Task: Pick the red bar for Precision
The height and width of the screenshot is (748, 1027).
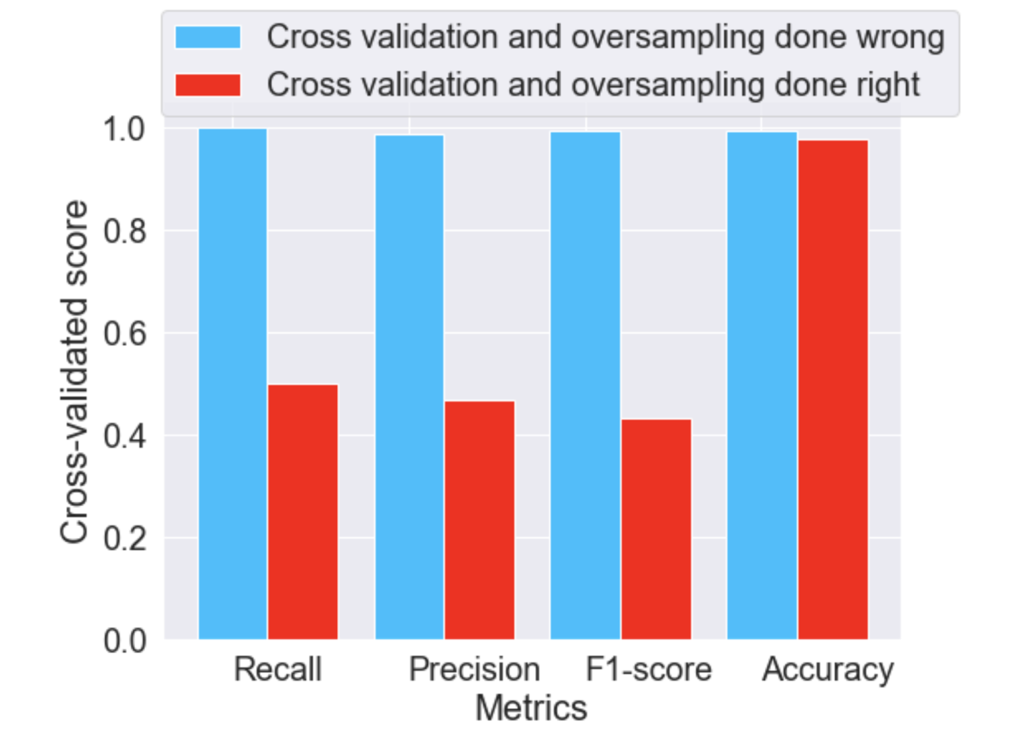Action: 479,520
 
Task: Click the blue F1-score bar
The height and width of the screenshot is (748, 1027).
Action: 585,385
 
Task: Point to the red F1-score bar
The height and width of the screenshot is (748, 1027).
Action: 656,529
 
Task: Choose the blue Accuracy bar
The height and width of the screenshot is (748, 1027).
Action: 762,385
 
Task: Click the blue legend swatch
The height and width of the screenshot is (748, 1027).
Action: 208,37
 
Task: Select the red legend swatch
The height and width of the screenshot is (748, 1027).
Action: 208,85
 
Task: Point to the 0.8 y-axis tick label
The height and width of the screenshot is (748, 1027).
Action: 125,231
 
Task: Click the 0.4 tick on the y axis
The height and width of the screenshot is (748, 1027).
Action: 125,436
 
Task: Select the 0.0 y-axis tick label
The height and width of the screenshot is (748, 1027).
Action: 125,641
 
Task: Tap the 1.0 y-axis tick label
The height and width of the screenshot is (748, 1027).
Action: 125,129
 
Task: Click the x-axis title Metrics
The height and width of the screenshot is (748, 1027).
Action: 531,708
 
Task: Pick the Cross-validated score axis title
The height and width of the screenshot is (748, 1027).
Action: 74,372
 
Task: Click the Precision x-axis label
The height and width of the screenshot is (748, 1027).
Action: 474,670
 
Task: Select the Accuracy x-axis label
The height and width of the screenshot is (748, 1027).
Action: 828,670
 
